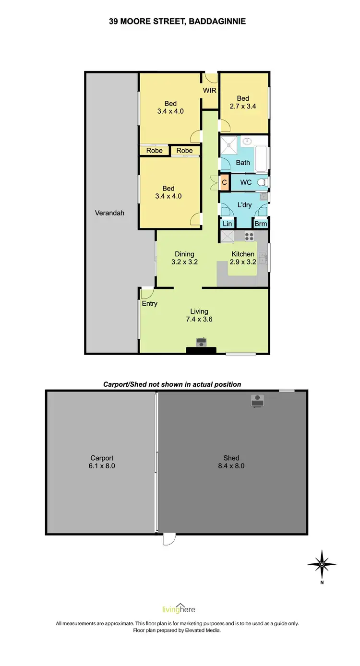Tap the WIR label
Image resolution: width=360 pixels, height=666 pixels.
point(209,90)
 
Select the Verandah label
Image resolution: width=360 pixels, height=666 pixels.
point(109,213)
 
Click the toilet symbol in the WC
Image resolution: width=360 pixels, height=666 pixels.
point(262,182)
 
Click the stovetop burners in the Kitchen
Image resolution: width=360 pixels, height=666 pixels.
point(250,236)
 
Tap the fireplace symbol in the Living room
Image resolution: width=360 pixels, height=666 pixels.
point(201,342)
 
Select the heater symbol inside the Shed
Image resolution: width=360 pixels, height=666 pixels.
point(258,400)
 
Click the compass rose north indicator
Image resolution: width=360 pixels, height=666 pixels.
point(322,564)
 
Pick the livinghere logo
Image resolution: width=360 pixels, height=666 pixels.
point(180,609)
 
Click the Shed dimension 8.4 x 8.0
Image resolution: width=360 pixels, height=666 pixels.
point(231,465)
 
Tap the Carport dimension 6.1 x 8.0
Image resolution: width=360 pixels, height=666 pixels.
point(102,465)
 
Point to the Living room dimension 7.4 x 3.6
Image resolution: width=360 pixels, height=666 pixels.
point(198,319)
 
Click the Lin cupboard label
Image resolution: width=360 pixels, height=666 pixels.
point(227,224)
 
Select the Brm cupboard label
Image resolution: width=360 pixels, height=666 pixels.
point(260,224)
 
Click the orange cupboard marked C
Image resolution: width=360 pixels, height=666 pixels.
point(224,182)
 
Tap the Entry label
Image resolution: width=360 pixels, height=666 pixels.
point(149,303)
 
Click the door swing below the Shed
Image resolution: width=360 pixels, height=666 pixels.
point(169,540)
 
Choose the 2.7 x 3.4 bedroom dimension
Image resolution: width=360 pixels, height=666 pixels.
point(242,106)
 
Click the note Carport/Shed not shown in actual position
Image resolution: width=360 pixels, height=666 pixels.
point(172,384)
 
